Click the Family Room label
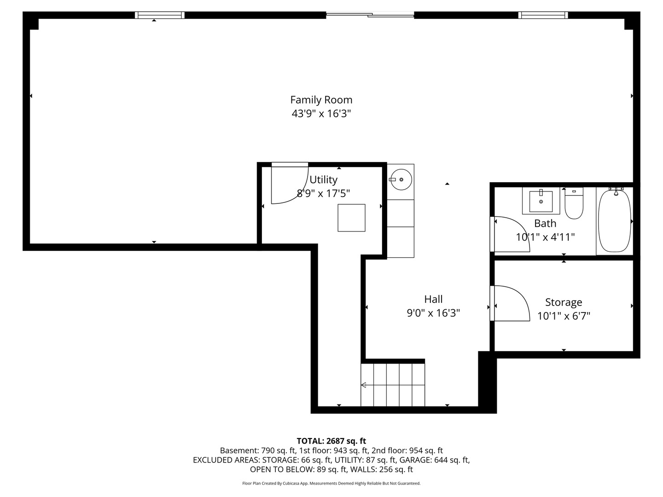pos(321,100)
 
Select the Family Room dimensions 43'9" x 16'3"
pos(321,114)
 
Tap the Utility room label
pos(323,180)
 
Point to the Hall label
pos(433,299)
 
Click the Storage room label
pos(564,302)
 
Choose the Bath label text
pos(545,223)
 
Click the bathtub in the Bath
pos(615,221)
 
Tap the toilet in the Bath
pos(574,203)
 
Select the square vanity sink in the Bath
pos(541,201)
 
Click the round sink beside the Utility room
pos(401,179)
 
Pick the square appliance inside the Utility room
pos(351,218)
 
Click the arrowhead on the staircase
pos(364,385)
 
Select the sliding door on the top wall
pos(370,14)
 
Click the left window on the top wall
pos(159,15)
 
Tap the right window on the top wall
pos(543,15)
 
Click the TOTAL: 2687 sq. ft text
pos(331,441)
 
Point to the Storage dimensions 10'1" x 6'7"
pos(564,316)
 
